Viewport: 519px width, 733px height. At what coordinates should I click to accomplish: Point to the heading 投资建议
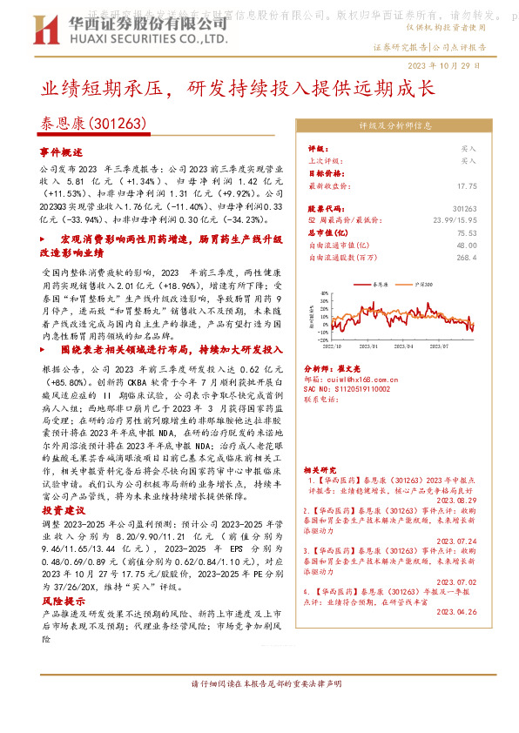(63, 510)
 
